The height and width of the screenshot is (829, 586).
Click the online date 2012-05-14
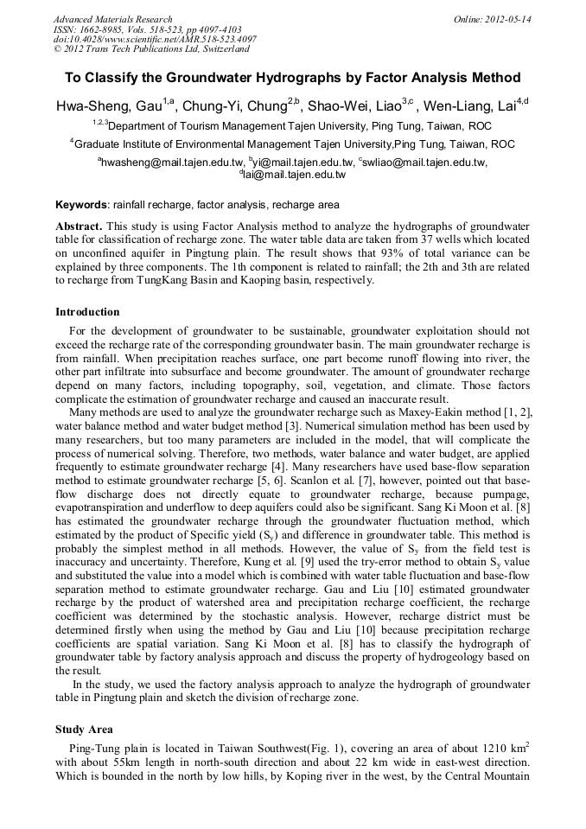[x=508, y=19]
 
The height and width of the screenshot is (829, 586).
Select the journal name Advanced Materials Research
[x=113, y=19]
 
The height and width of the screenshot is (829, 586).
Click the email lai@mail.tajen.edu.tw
[x=295, y=174]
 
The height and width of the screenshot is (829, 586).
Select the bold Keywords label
[x=80, y=206]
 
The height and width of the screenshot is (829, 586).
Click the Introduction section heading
[x=87, y=312]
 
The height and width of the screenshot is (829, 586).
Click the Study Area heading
[x=84, y=730]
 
